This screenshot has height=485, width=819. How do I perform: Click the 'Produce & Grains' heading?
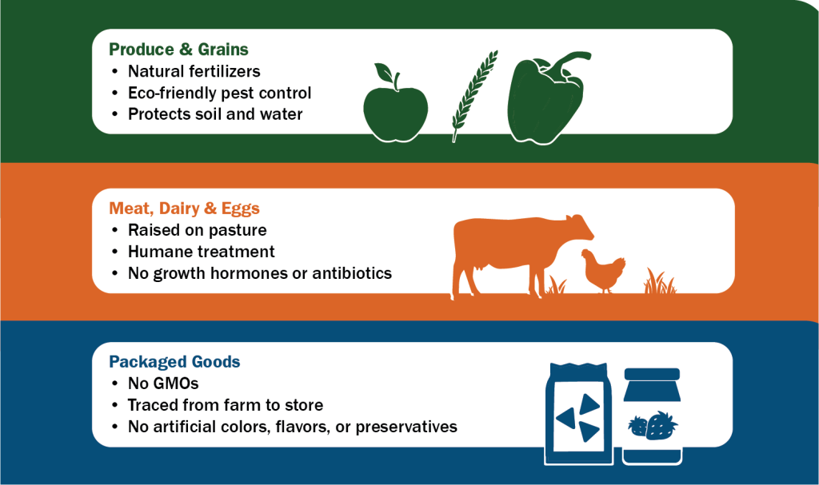[178, 50]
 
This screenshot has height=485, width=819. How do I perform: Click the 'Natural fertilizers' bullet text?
[194, 72]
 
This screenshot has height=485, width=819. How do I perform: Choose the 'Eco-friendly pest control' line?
[219, 93]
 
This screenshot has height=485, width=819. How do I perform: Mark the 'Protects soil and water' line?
[215, 114]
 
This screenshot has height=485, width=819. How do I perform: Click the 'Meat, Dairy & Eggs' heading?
[184, 209]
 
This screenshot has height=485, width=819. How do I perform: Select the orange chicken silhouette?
[602, 269]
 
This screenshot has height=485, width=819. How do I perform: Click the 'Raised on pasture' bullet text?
[197, 231]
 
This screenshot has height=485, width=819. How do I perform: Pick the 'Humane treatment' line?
[201, 252]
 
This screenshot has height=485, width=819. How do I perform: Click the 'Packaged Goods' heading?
[174, 362]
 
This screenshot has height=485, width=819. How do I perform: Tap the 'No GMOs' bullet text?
[163, 384]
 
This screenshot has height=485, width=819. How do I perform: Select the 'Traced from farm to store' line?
[225, 405]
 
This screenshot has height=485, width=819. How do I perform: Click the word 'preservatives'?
[406, 427]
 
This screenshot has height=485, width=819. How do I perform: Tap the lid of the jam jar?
[652, 374]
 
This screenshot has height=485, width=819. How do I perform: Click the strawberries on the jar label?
[653, 424]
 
